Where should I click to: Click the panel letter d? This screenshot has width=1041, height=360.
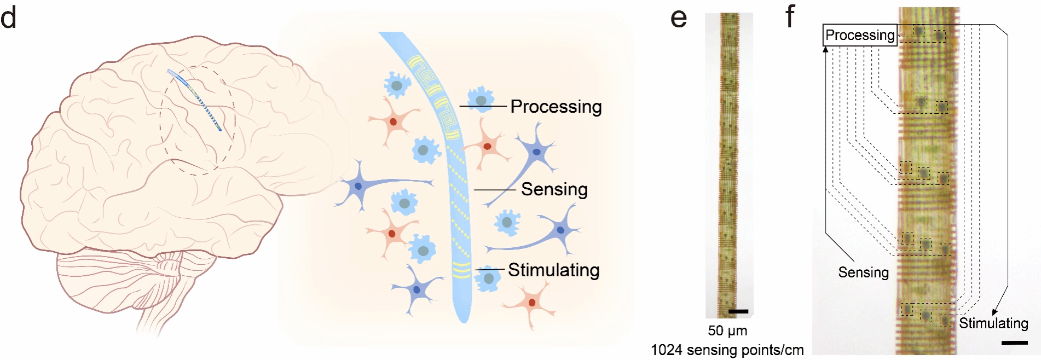pyautogui.click(x=9, y=18)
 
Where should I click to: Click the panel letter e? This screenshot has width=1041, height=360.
pyautogui.click(x=679, y=19)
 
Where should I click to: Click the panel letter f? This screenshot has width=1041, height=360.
pyautogui.click(x=790, y=16)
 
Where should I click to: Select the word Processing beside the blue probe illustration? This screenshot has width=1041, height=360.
pyautogui.click(x=556, y=107)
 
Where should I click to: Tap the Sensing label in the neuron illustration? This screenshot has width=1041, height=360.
pyautogui.click(x=554, y=189)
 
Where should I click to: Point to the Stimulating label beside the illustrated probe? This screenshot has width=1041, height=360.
pyautogui.click(x=553, y=270)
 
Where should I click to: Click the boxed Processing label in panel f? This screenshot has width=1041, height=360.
pyautogui.click(x=860, y=36)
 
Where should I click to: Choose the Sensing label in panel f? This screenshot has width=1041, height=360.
pyautogui.click(x=863, y=272)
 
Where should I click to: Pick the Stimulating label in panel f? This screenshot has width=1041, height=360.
pyautogui.click(x=993, y=323)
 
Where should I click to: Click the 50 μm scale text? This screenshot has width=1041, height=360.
pyautogui.click(x=727, y=331)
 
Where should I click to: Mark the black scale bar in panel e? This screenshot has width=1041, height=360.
pyautogui.click(x=738, y=311)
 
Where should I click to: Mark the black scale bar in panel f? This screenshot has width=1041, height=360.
pyautogui.click(x=1014, y=343)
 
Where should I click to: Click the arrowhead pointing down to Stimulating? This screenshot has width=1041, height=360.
pyautogui.click(x=996, y=312)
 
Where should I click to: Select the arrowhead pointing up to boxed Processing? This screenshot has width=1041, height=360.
pyautogui.click(x=825, y=49)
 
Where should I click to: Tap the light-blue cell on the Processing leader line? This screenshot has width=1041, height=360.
pyautogui.click(x=481, y=100)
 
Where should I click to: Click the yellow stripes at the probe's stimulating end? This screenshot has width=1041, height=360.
pyautogui.click(x=461, y=269)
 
